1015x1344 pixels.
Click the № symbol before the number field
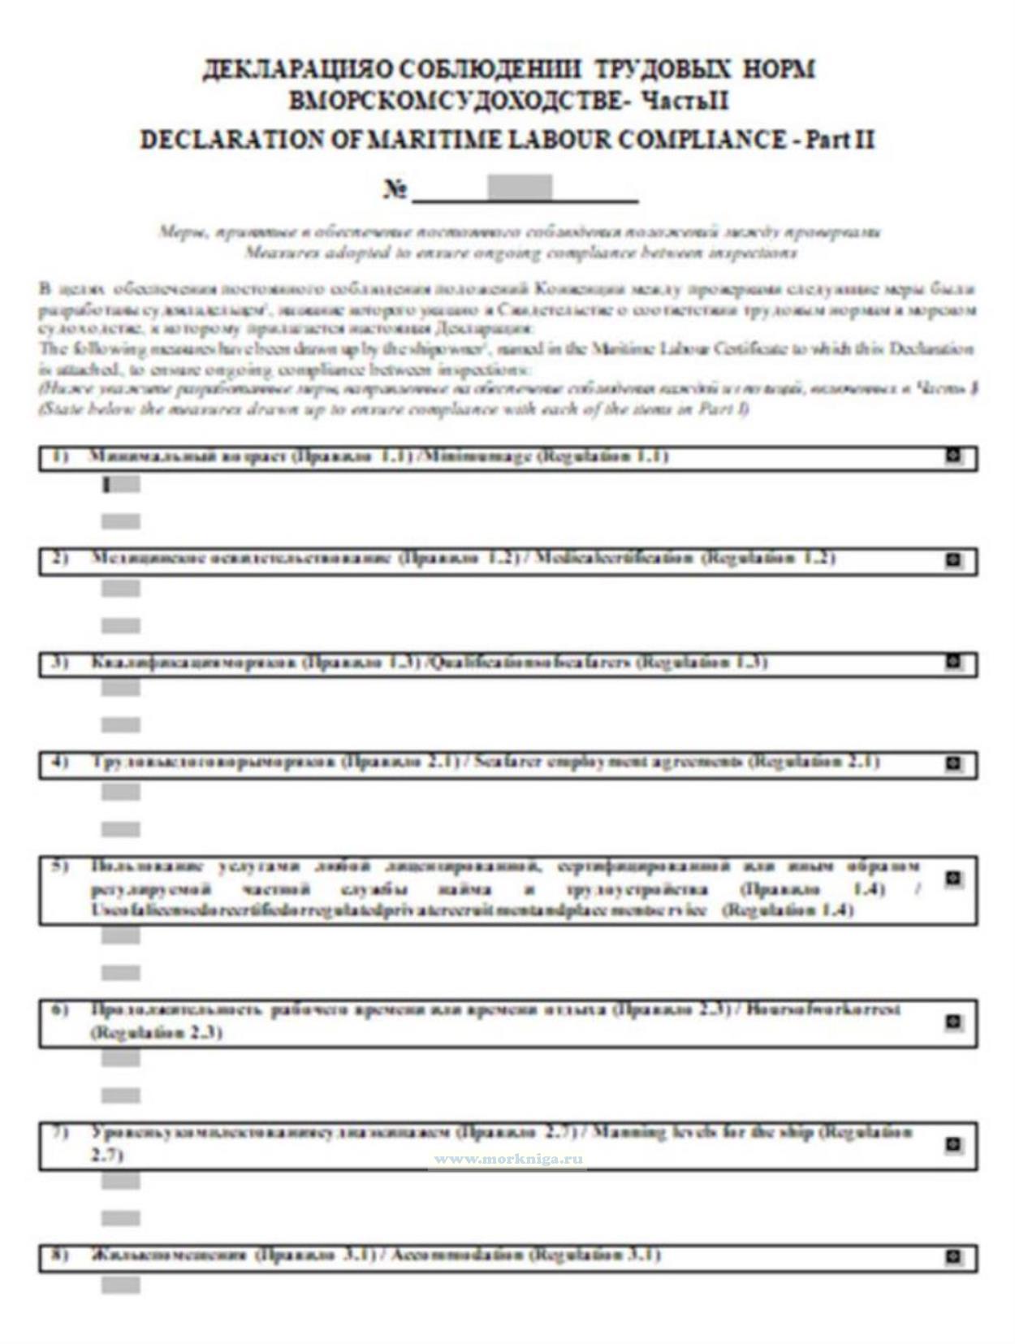click(x=395, y=190)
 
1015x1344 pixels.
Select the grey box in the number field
click(x=520, y=187)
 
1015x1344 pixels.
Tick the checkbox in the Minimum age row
click(x=953, y=456)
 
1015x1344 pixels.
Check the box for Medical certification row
click(x=953, y=560)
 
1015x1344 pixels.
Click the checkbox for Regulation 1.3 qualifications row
click(x=953, y=662)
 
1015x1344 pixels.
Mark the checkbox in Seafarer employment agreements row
click(x=953, y=763)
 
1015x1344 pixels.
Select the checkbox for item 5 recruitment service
click(x=953, y=879)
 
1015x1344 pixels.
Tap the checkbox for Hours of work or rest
click(x=953, y=1022)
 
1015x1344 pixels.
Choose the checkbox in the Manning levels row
click(x=953, y=1144)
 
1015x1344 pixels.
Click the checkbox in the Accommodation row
click(x=953, y=1257)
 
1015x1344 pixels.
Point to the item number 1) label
click(x=59, y=456)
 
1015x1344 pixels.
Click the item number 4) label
click(x=59, y=762)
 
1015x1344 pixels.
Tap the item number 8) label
click(x=59, y=1255)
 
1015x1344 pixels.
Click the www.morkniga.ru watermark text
click(x=508, y=1159)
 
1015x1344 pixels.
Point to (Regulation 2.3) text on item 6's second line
click(x=156, y=1032)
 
